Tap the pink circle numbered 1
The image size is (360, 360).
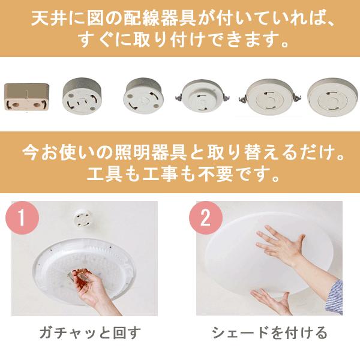(22, 217)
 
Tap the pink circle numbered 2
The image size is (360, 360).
(205, 218)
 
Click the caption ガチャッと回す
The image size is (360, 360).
(90, 332)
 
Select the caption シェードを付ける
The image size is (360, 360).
(269, 332)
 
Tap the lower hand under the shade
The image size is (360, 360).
(272, 302)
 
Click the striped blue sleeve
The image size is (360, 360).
(335, 296)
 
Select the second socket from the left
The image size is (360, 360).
(82, 96)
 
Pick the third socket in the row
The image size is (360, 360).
(143, 96)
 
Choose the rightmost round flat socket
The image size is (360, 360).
(332, 97)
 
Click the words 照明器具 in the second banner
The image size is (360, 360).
(151, 153)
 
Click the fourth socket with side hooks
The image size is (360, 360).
(203, 97)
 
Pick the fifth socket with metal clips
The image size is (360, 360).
(270, 98)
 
